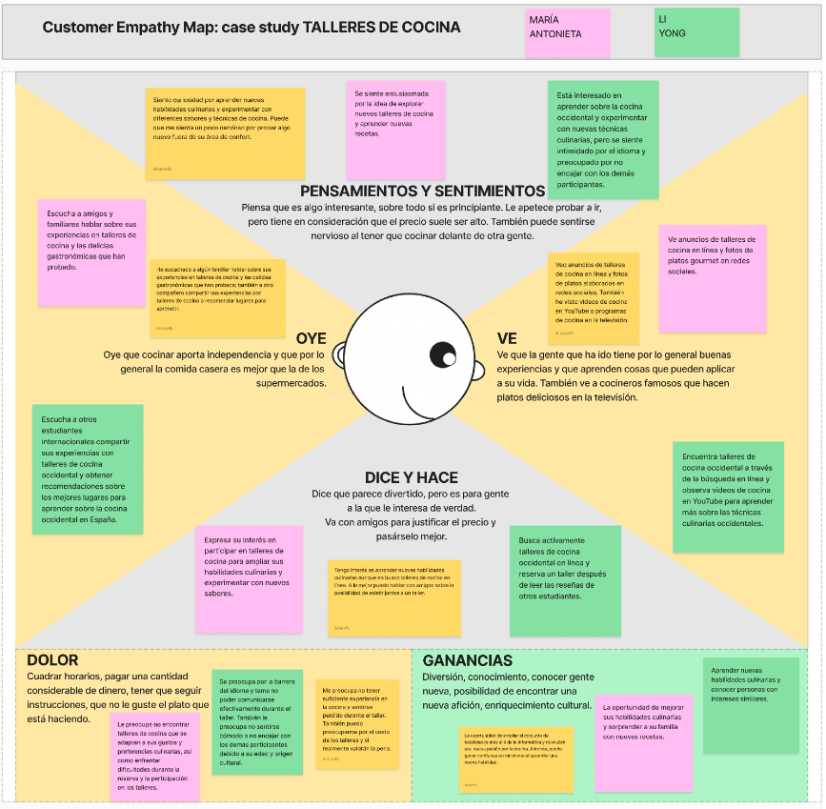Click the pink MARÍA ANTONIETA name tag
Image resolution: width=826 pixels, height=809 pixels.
pyautogui.click(x=569, y=33)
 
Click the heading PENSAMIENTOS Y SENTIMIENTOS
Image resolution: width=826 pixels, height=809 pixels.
pyautogui.click(x=422, y=191)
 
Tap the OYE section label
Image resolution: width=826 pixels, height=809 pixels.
pyautogui.click(x=311, y=338)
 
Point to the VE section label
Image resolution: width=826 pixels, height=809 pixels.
pyautogui.click(x=507, y=338)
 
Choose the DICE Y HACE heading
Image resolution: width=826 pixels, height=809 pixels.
pyautogui.click(x=412, y=477)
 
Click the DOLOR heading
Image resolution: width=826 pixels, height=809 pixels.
pyautogui.click(x=52, y=660)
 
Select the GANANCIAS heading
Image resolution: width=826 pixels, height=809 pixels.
pyautogui.click(x=468, y=660)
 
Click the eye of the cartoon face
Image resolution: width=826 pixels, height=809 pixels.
pyautogui.click(x=443, y=355)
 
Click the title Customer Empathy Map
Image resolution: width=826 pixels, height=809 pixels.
pyautogui.click(x=252, y=28)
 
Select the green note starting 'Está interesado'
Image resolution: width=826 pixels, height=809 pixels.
pyautogui.click(x=603, y=140)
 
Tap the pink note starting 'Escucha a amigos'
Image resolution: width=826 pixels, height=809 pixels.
pyautogui.click(x=91, y=252)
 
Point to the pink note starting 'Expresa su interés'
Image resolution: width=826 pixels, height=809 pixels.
pyautogui.click(x=249, y=578)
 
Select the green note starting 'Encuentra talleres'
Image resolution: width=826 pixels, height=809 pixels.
pyautogui.click(x=728, y=496)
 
